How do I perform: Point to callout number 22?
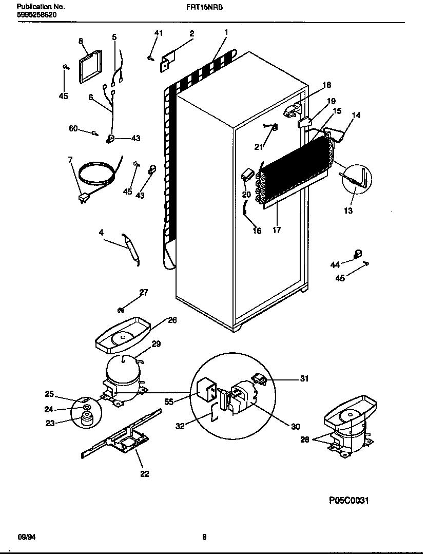pos(145,474)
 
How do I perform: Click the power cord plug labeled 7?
pos(83,198)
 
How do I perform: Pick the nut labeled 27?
pos(121,309)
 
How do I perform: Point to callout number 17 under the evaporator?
pos(277,231)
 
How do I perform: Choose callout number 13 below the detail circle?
pos(348,211)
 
